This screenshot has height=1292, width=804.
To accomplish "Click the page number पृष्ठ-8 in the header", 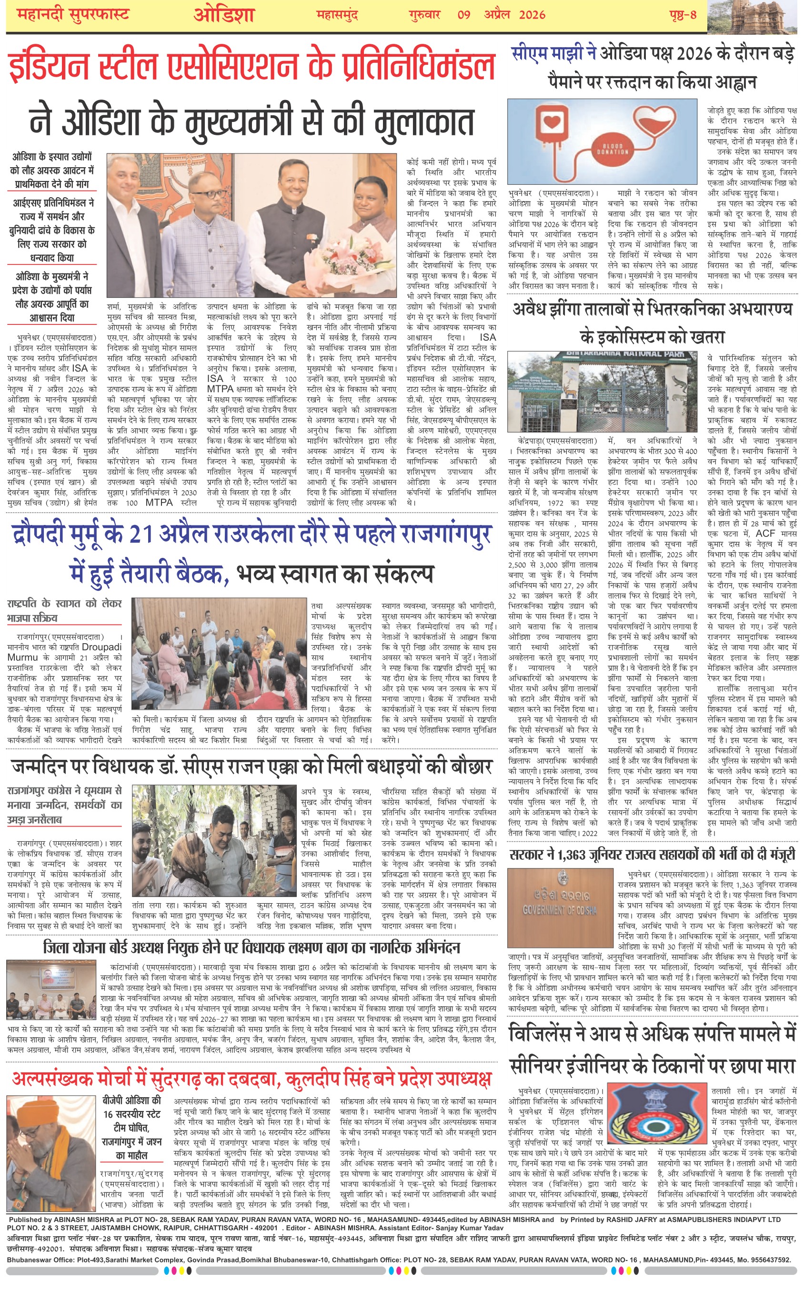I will point(683,14).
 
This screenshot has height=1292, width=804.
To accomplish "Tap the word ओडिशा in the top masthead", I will point(224,14).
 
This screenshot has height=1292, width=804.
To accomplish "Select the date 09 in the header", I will point(464,14).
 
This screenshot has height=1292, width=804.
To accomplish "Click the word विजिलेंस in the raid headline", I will point(547,1035).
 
